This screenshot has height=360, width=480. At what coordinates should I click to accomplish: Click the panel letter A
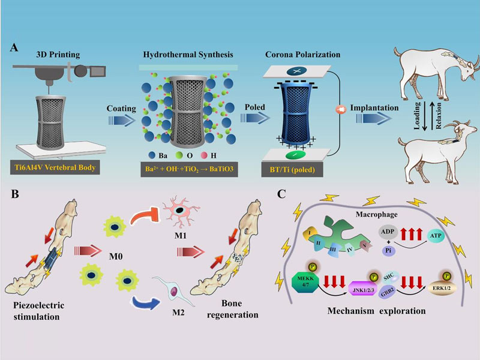pyautogui.click(x=13, y=47)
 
